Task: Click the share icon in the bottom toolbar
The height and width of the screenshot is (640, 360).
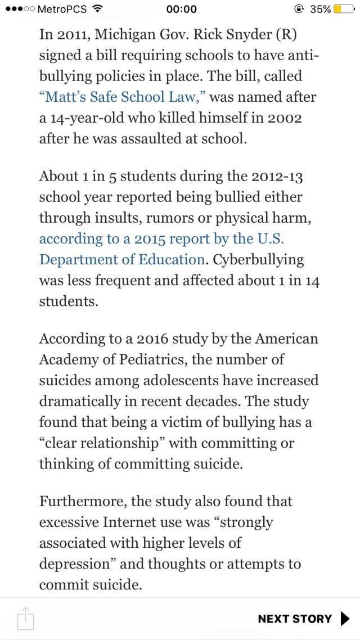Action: (x=26, y=619)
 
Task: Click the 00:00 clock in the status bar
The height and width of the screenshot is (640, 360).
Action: (x=182, y=9)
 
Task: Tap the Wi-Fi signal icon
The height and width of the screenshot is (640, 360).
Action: (x=98, y=9)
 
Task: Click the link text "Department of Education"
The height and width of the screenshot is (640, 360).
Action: (x=121, y=259)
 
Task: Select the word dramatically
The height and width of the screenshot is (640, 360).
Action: (x=79, y=402)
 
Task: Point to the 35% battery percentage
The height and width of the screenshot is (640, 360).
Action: (x=320, y=9)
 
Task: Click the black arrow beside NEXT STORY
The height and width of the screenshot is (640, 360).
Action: (x=345, y=619)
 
